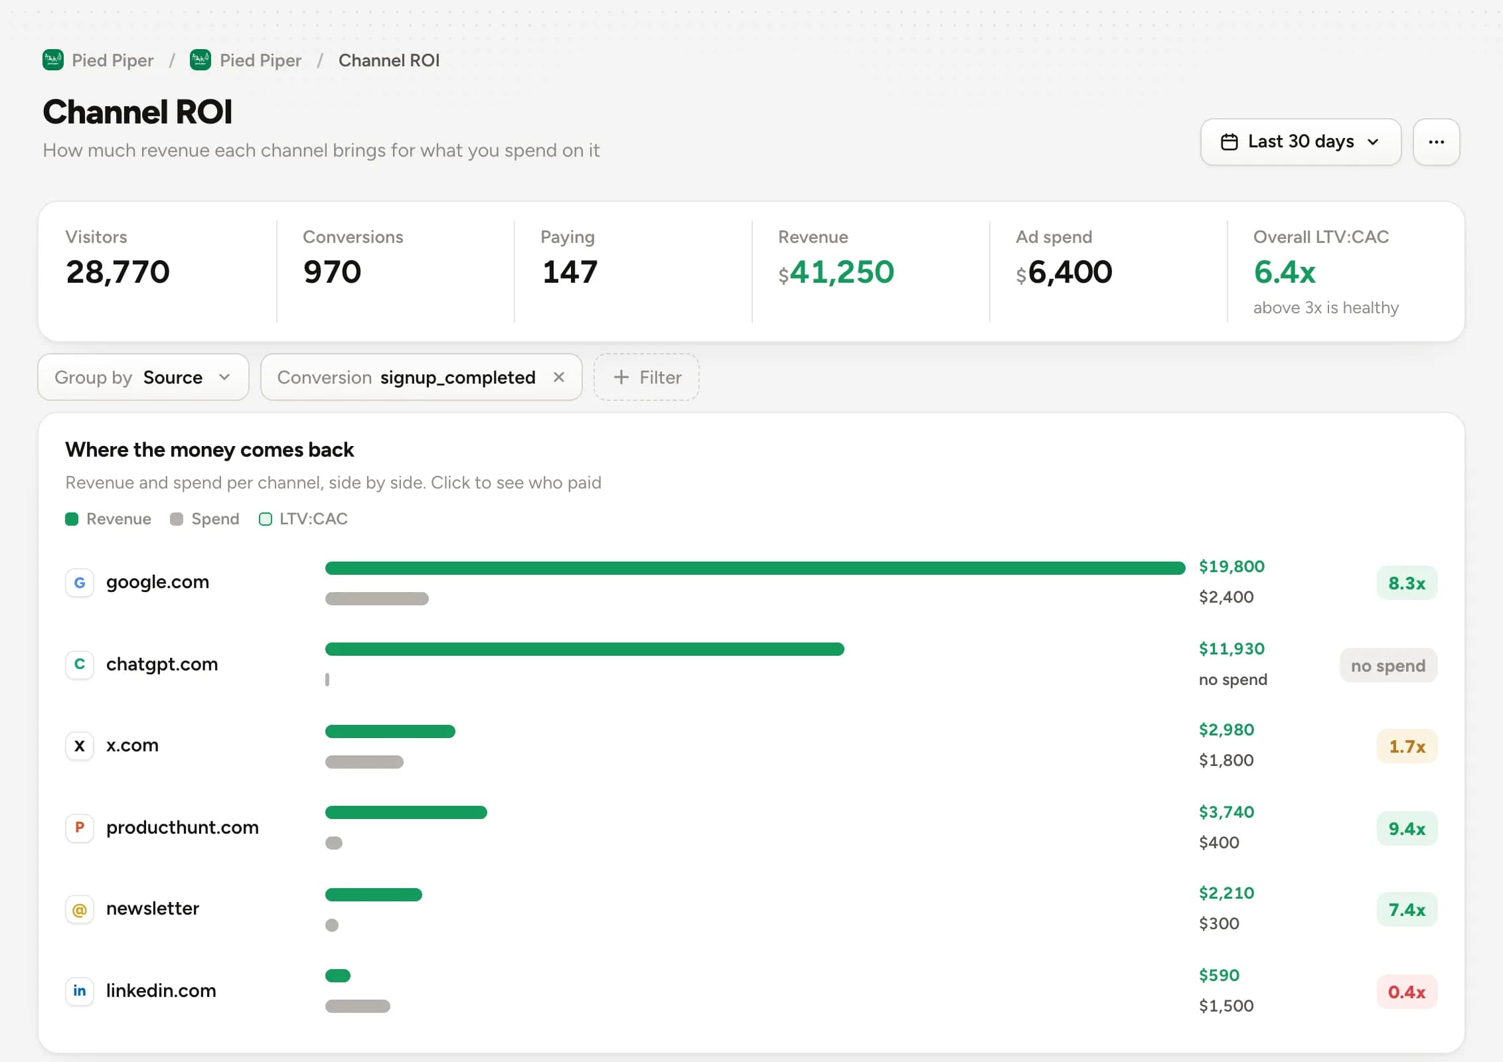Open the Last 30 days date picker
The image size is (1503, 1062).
1301,142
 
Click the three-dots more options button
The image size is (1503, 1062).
1436,142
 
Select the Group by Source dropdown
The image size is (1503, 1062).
143,377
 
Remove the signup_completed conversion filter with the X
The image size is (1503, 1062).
559,377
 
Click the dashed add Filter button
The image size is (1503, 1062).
647,377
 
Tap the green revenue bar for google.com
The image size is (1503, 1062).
755,568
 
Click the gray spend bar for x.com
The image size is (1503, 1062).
364,762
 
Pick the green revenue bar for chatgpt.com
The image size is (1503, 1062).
585,649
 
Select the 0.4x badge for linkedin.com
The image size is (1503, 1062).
1407,992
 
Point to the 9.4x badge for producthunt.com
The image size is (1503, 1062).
1407,828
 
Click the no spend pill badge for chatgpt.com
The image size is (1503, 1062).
1388,665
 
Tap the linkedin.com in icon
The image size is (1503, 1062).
80,991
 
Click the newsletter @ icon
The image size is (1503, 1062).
80,909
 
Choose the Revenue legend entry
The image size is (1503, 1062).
108,519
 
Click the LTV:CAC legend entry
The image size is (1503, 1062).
303,519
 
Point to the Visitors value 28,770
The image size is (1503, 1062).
118,272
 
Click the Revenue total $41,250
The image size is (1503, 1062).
836,272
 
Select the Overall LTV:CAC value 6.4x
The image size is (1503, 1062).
1285,272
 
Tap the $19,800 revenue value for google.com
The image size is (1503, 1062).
1231,567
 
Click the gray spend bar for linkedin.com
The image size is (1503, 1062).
358,1006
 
